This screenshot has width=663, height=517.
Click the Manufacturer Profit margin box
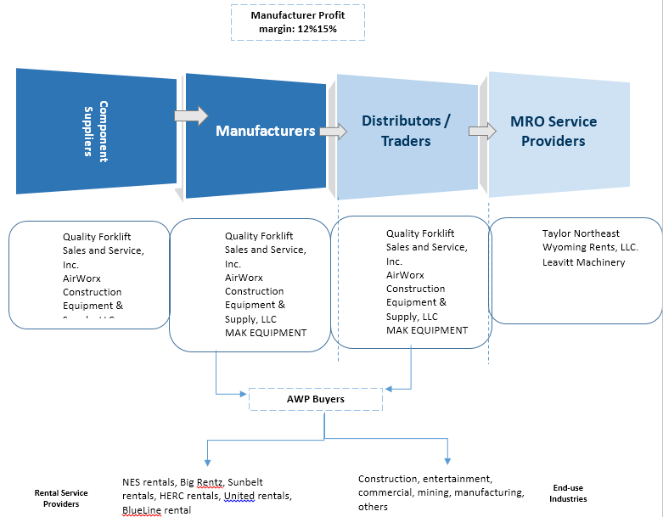[x=298, y=23]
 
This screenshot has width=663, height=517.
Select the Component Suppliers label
[x=96, y=129]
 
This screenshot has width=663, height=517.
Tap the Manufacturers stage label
[x=266, y=131]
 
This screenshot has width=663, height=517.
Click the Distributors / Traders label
[x=407, y=131]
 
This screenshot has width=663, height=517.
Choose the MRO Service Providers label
[x=553, y=131]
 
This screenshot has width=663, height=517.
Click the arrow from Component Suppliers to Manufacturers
[x=191, y=115]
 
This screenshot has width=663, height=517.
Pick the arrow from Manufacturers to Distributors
[x=333, y=132]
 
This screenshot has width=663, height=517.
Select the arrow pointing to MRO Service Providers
[x=482, y=131]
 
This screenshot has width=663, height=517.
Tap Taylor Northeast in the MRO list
[x=581, y=233]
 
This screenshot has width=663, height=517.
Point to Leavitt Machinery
[x=583, y=262]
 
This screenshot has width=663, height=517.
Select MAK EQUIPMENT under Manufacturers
[x=265, y=333]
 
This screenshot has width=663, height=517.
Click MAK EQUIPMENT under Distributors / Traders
[x=427, y=330]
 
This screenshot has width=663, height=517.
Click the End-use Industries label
[x=568, y=493]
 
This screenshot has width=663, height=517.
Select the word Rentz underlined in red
[x=210, y=481]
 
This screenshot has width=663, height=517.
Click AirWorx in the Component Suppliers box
[x=82, y=278]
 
